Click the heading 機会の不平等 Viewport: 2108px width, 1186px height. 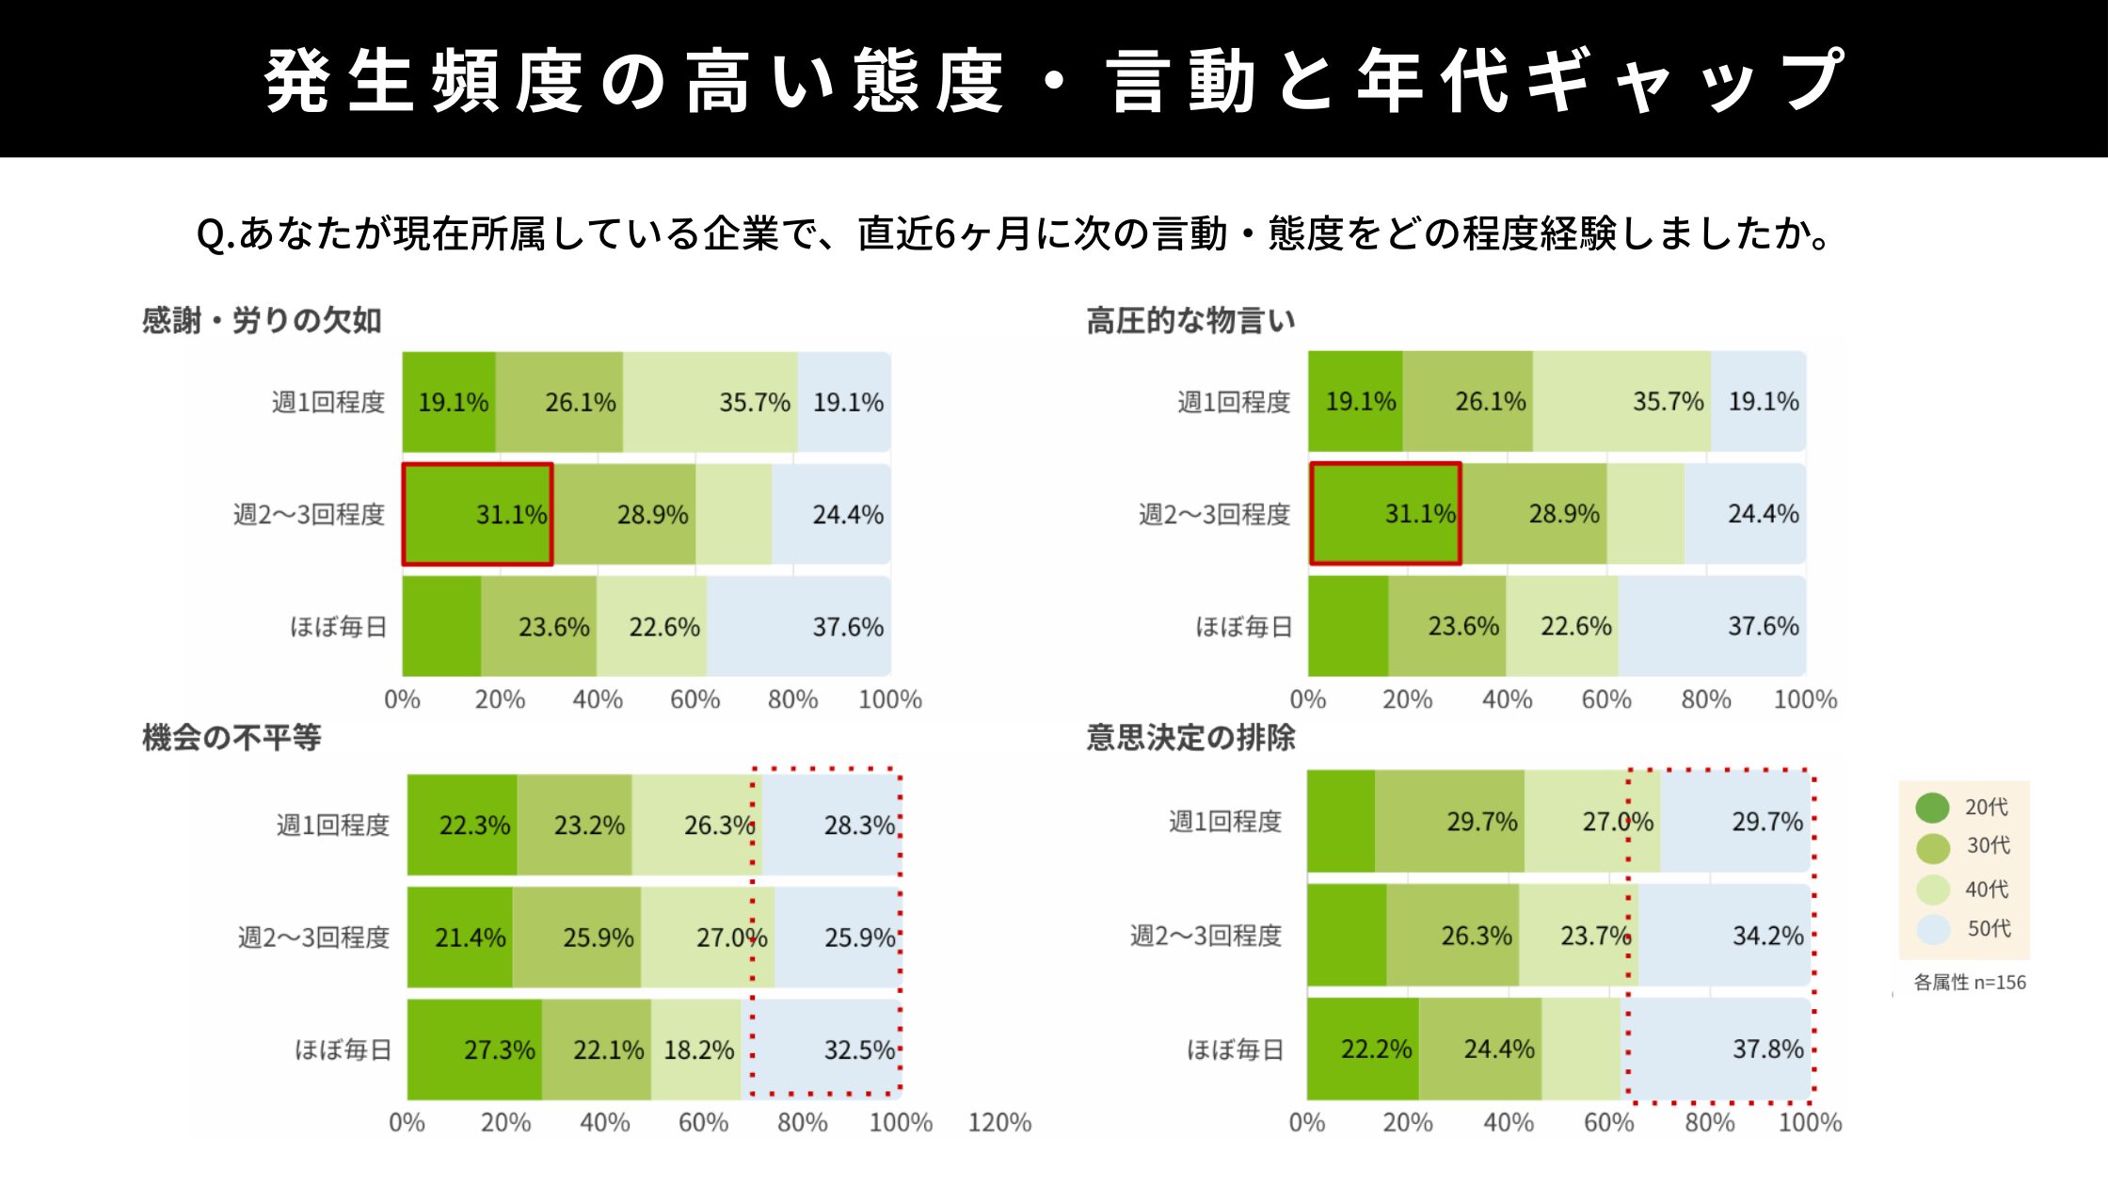pyautogui.click(x=232, y=737)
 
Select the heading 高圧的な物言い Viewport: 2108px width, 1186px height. pyautogui.click(x=1190, y=321)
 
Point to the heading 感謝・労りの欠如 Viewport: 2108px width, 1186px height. pyautogui.click(x=262, y=321)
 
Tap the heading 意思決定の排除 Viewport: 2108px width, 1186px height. pyautogui.click(x=1190, y=737)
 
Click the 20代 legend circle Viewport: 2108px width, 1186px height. pyautogui.click(x=1932, y=808)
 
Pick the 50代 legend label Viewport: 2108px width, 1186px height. pyautogui.click(x=1988, y=929)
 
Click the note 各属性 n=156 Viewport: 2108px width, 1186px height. pyautogui.click(x=1970, y=983)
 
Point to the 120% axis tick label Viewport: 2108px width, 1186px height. pyautogui.click(x=999, y=1122)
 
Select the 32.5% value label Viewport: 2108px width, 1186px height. pyautogui.click(x=858, y=1050)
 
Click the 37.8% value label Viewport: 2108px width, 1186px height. pyautogui.click(x=1767, y=1049)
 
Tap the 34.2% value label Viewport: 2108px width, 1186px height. pyautogui.click(x=1767, y=936)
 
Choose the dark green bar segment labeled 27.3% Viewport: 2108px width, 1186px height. pyautogui.click(x=474, y=1050)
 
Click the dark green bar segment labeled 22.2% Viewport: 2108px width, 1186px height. pyautogui.click(x=1363, y=1049)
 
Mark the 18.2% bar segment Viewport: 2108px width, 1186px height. pyautogui.click(x=696, y=1050)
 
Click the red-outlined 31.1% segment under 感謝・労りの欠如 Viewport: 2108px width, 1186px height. pyautogui.click(x=477, y=514)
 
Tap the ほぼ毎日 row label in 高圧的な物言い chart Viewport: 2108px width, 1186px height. pyautogui.click(x=1243, y=627)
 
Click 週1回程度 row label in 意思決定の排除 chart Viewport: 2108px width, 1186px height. pyautogui.click(x=1224, y=822)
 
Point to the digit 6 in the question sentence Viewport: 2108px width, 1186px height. pyautogui.click(x=946, y=234)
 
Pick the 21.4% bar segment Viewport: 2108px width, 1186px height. pyautogui.click(x=460, y=938)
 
